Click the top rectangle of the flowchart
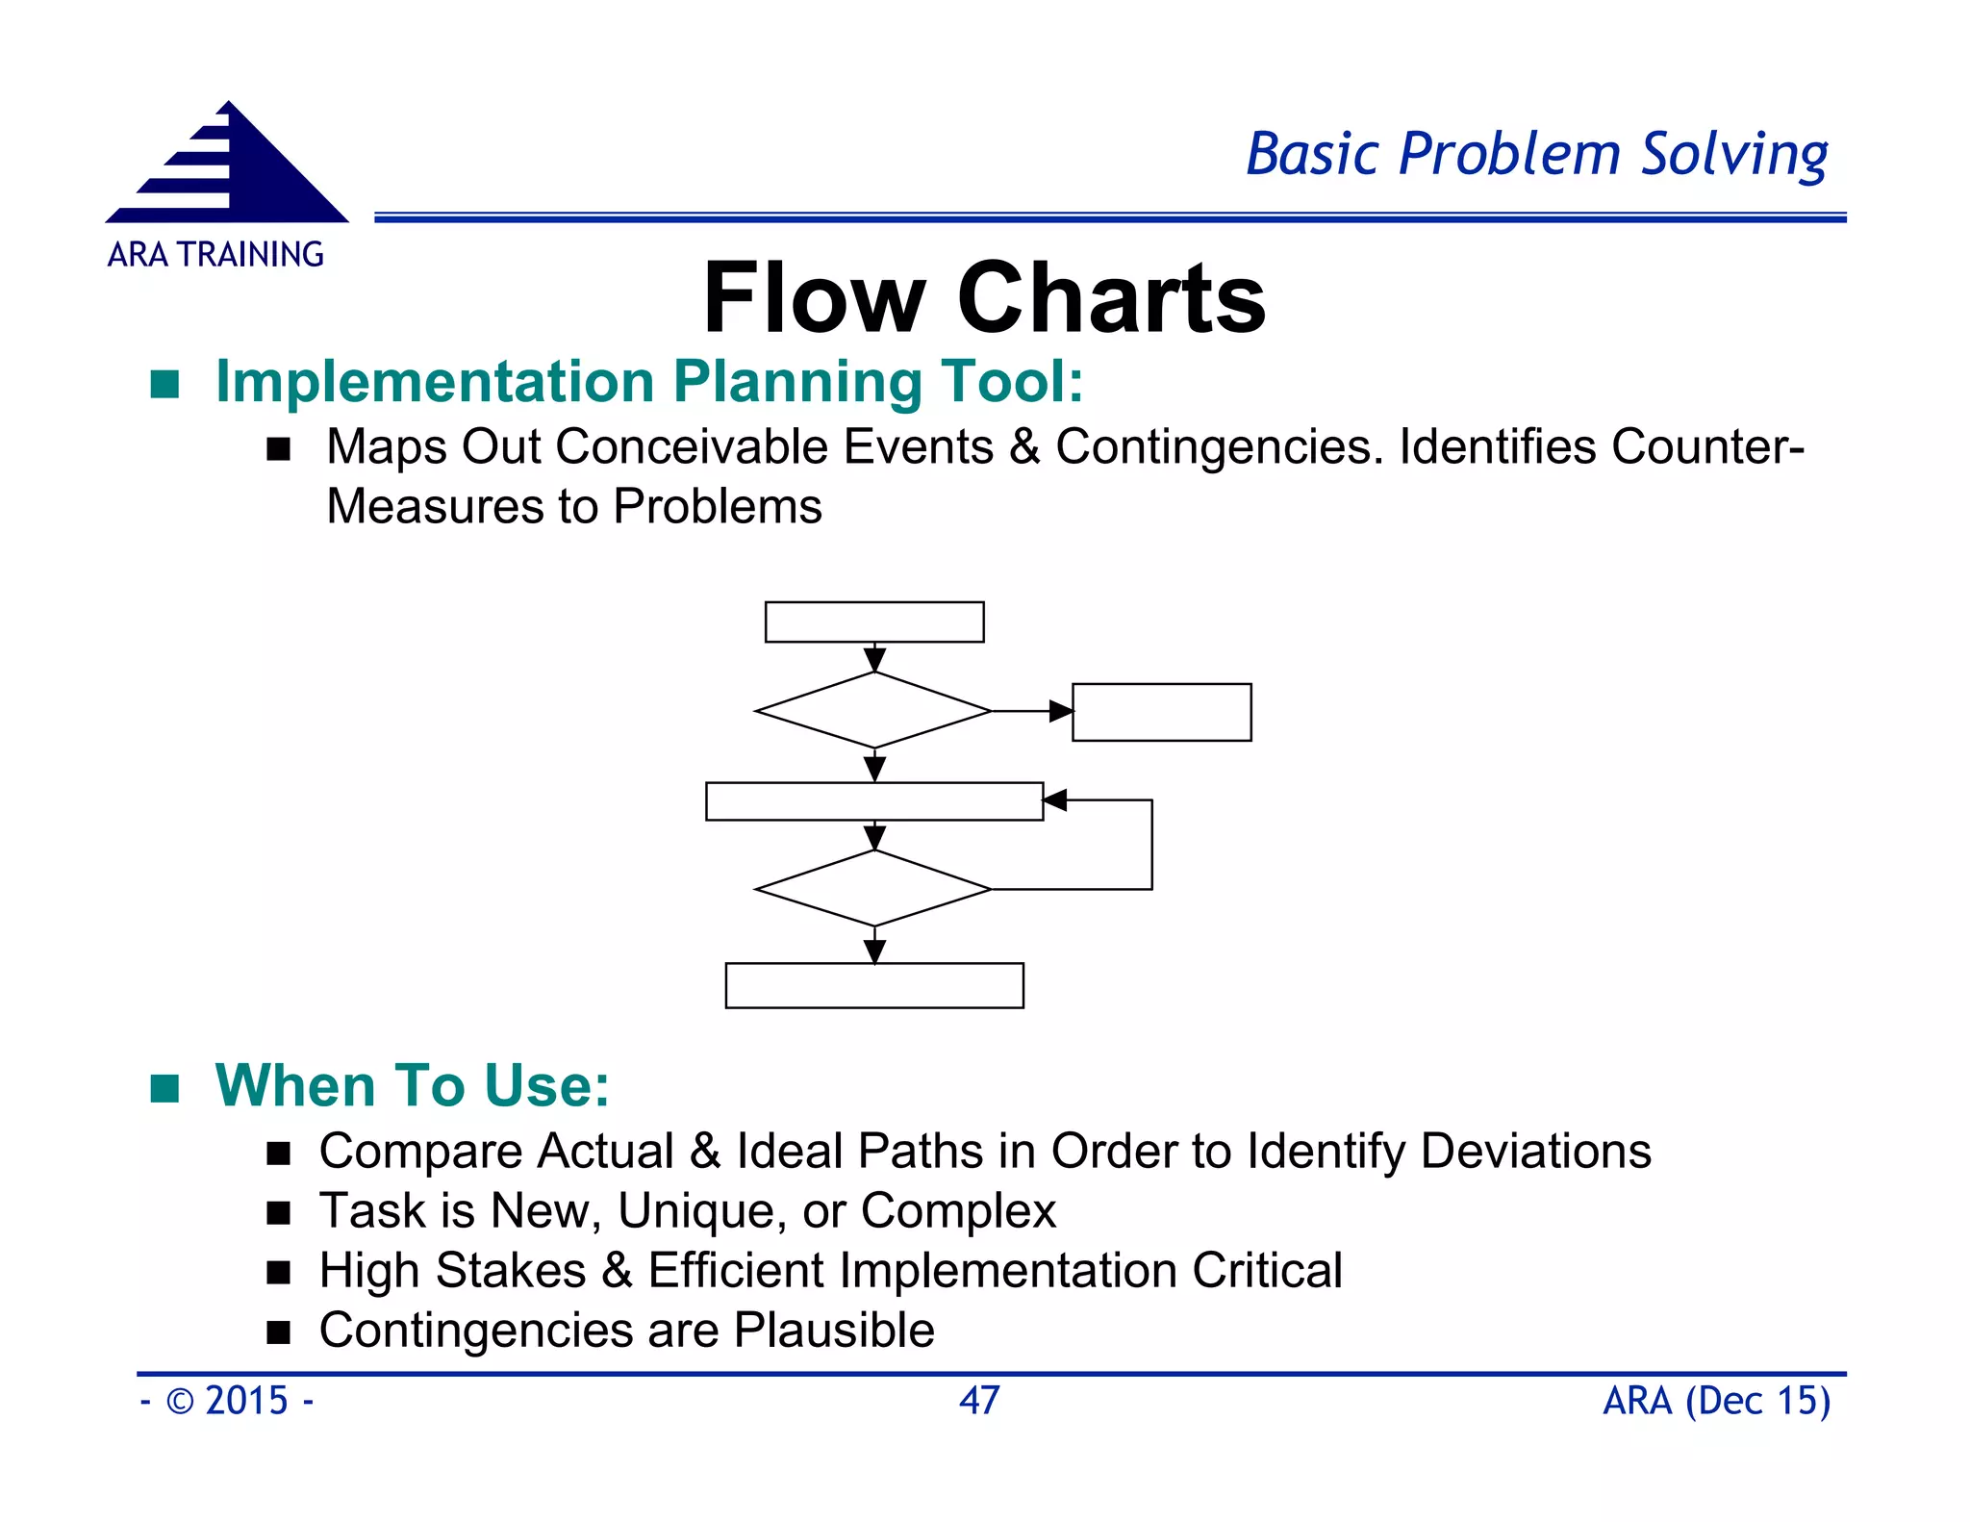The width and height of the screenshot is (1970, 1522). tap(873, 621)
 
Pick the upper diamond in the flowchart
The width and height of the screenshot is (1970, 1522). tap(873, 710)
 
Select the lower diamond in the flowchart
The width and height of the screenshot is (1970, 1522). tap(873, 888)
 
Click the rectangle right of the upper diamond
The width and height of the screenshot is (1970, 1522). tap(1161, 712)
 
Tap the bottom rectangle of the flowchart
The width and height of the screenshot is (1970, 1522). tap(873, 985)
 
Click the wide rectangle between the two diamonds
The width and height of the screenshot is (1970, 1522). tap(873, 800)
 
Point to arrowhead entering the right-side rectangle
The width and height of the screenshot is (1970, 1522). tap(1061, 711)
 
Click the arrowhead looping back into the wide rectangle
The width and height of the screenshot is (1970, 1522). tap(1055, 799)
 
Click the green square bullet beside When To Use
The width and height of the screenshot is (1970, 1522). tap(165, 1088)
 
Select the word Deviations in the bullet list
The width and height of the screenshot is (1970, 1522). tap(1535, 1151)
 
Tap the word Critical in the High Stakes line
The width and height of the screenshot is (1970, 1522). tap(1267, 1270)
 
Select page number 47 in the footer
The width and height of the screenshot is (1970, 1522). tap(979, 1400)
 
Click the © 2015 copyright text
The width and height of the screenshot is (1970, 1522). tap(227, 1400)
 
